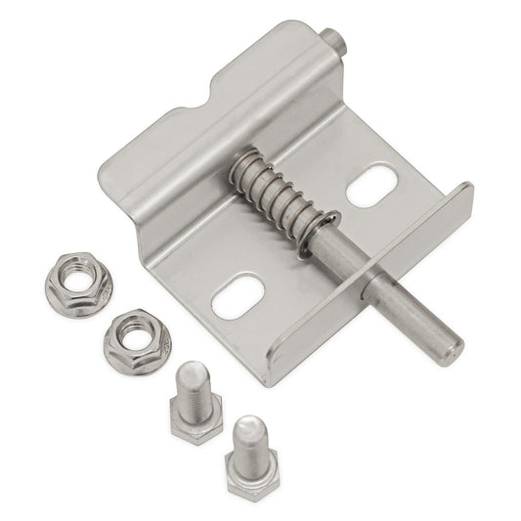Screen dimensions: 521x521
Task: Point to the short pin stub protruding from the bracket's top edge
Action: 335,41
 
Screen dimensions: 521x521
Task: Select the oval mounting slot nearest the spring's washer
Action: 371,186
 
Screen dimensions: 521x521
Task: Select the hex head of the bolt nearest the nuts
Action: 192,427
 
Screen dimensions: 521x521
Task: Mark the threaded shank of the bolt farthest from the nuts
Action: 251,438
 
